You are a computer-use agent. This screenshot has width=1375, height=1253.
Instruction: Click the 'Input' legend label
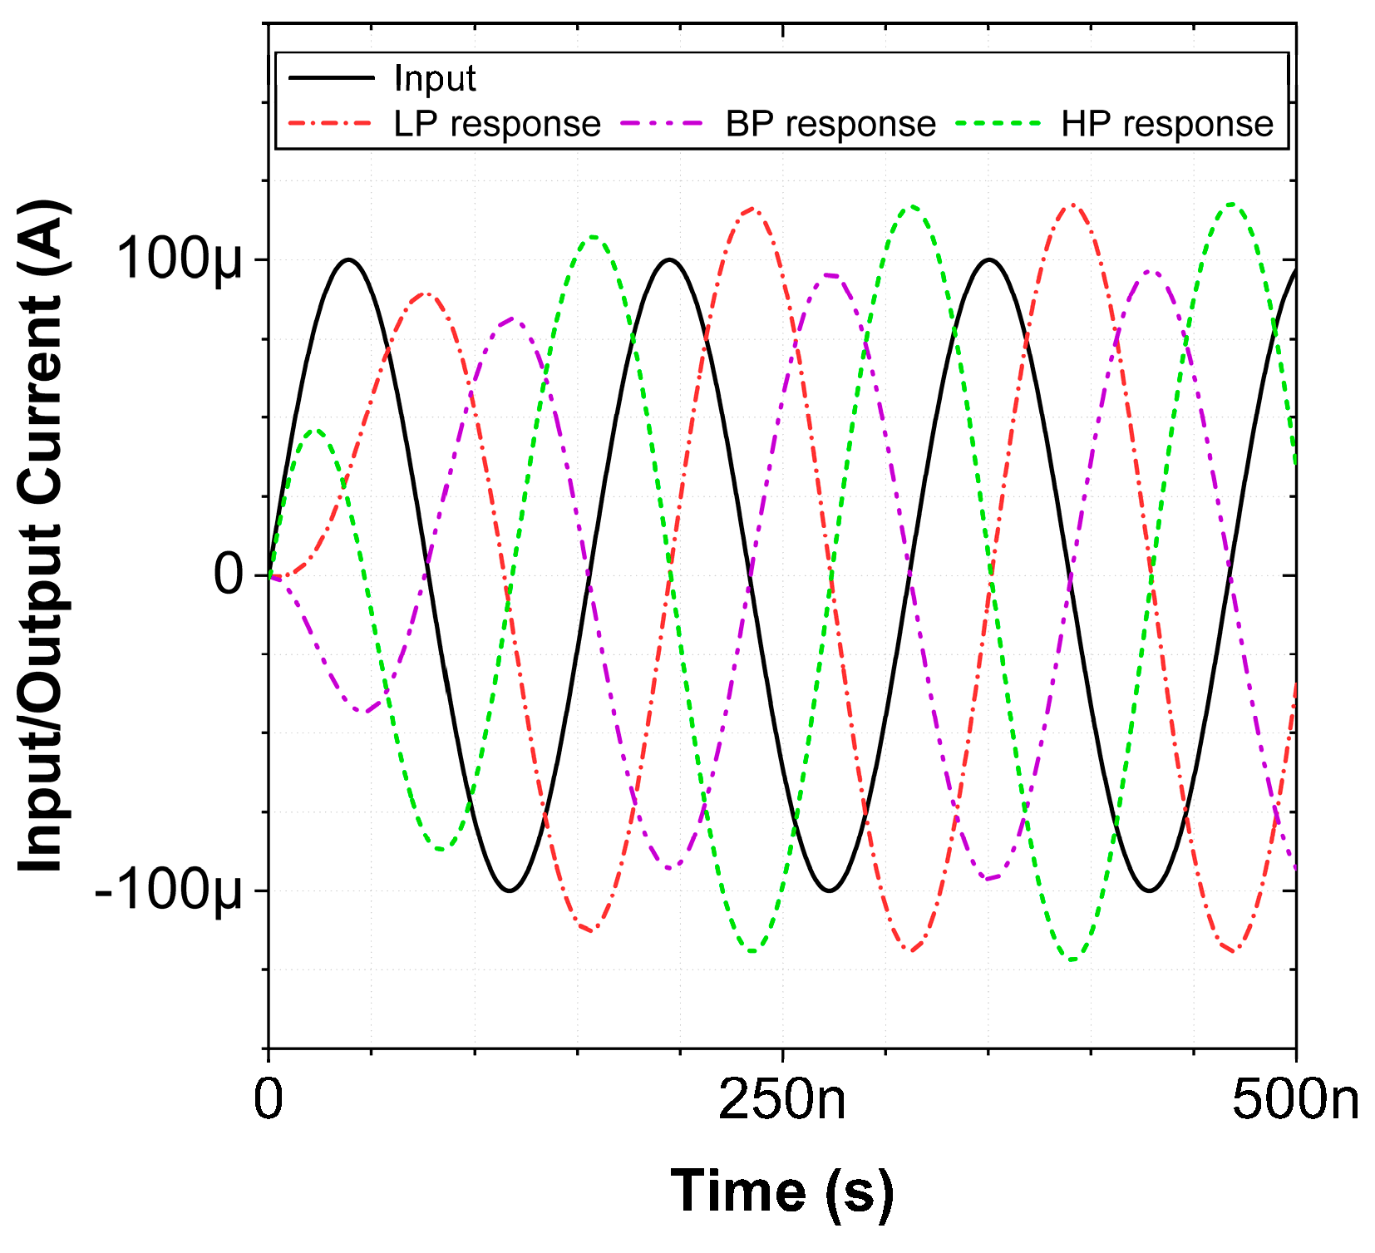pyautogui.click(x=434, y=78)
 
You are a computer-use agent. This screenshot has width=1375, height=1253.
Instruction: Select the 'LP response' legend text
pyautogui.click(x=496, y=124)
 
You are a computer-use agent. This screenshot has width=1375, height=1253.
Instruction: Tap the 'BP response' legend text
pyautogui.click(x=830, y=124)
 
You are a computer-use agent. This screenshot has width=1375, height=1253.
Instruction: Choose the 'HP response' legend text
pyautogui.click(x=1166, y=124)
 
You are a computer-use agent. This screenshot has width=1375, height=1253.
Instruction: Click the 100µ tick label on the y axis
pyautogui.click(x=180, y=260)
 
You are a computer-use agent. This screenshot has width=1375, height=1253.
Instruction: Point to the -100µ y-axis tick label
pyautogui.click(x=169, y=890)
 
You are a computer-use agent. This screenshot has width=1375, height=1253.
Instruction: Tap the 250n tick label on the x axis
pyautogui.click(x=782, y=1100)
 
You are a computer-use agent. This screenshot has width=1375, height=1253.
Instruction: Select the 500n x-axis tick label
pyautogui.click(x=1295, y=1100)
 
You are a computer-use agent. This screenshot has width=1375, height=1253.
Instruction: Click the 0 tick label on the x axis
pyautogui.click(x=269, y=1100)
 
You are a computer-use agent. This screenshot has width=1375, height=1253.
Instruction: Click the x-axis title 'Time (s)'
pyautogui.click(x=782, y=1191)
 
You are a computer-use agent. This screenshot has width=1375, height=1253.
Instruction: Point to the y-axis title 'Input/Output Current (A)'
pyautogui.click(x=43, y=536)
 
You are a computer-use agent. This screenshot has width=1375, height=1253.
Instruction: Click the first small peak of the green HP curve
pyautogui.click(x=315, y=431)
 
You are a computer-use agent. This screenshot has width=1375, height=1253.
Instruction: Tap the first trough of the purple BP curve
pyautogui.click(x=362, y=712)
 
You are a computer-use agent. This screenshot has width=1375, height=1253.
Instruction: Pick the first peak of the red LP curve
pyautogui.click(x=425, y=294)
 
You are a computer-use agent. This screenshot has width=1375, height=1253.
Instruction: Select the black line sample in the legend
pyautogui.click(x=331, y=78)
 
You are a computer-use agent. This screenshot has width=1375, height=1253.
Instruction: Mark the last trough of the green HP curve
pyautogui.click(x=1072, y=960)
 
